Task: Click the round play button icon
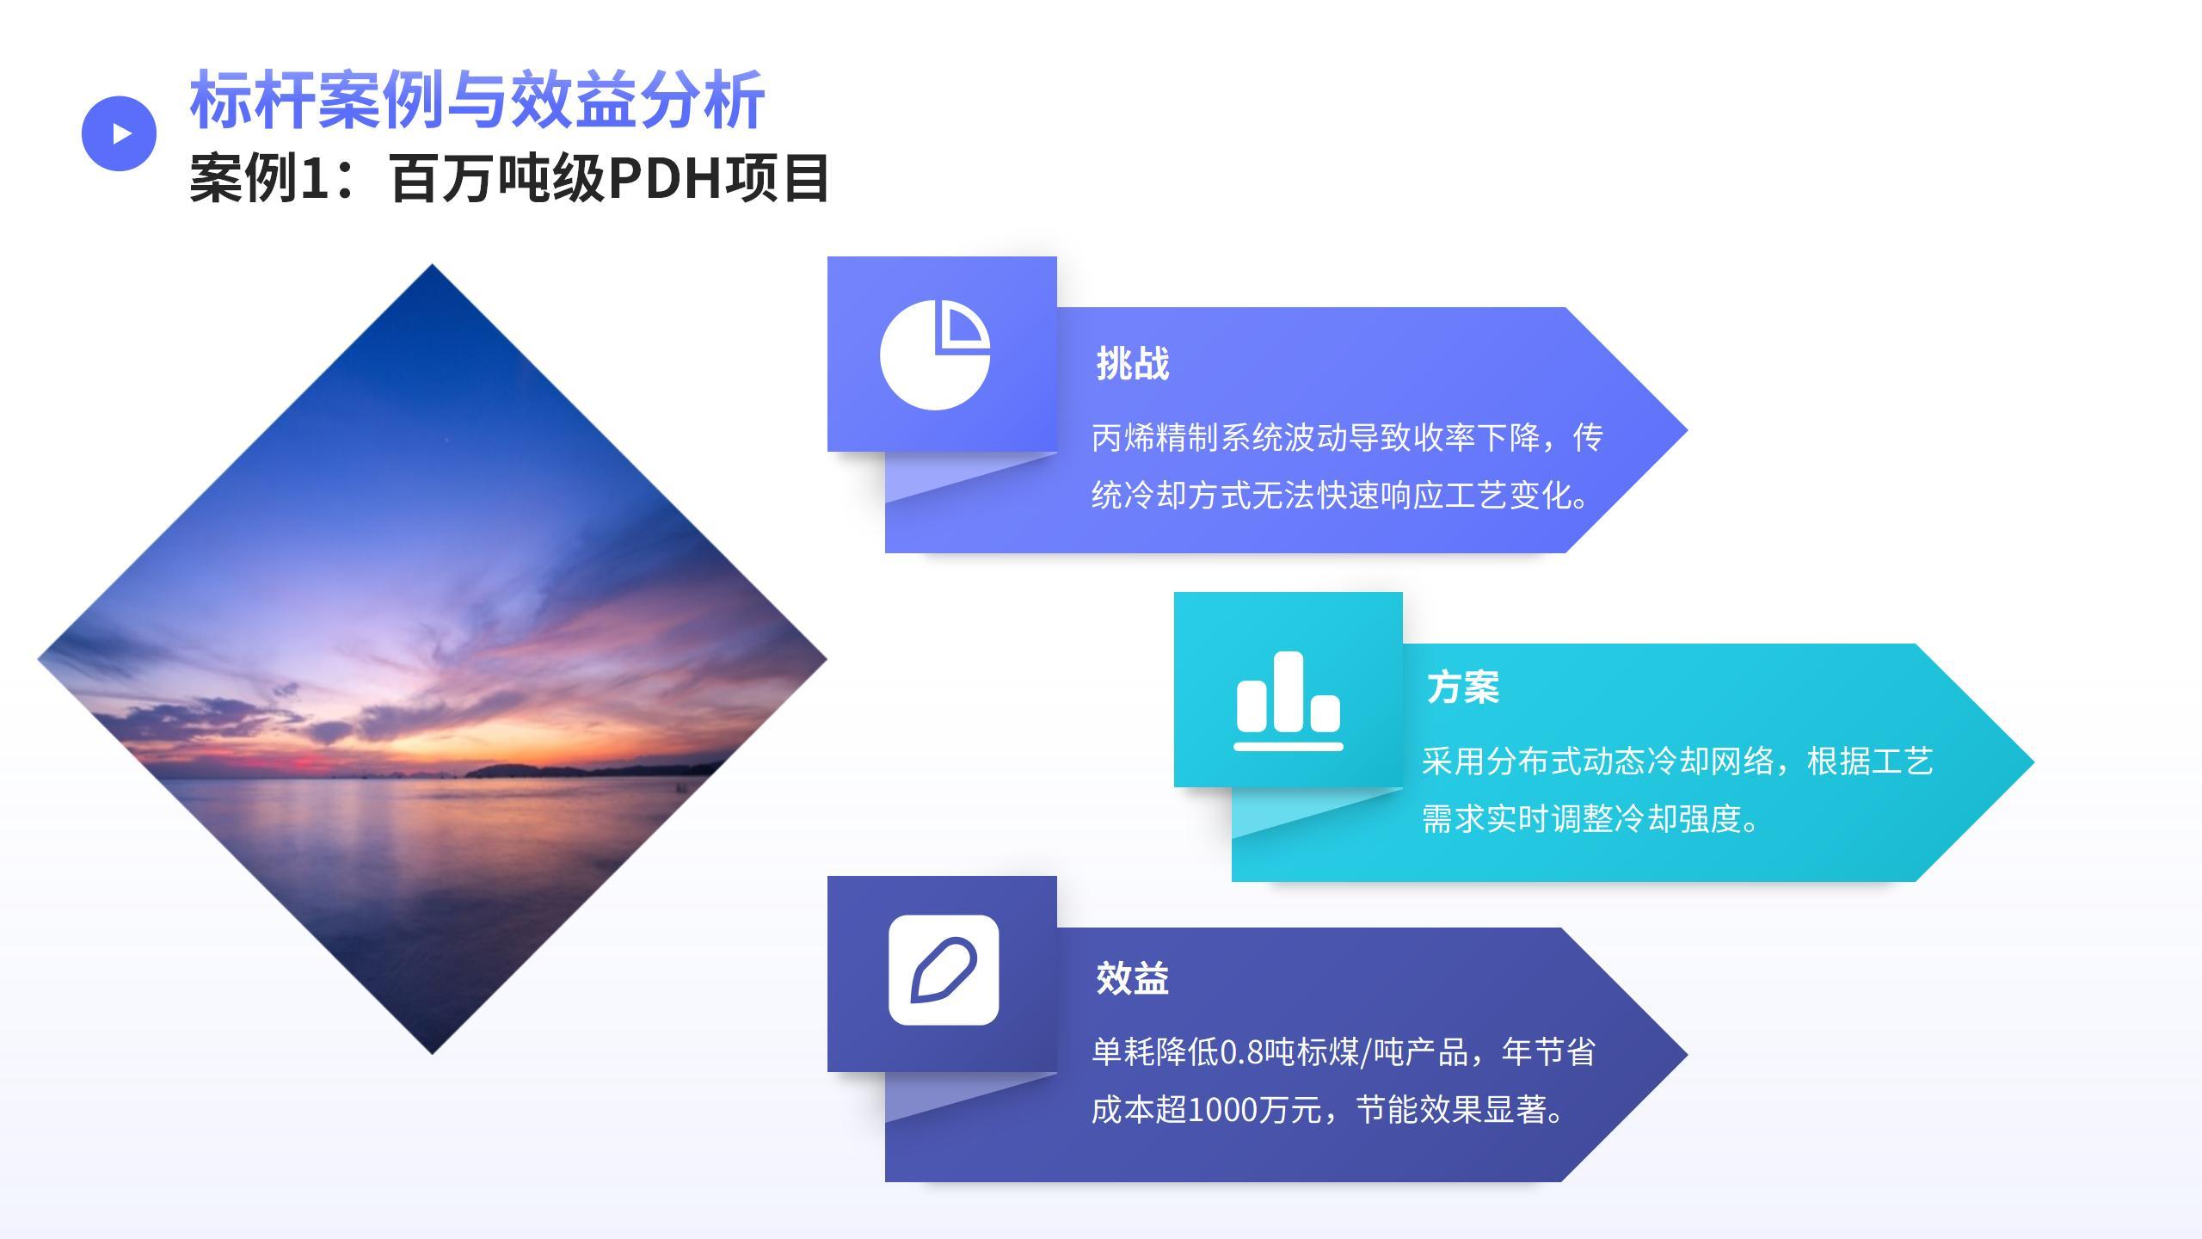click(119, 133)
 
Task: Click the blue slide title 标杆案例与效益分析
click(477, 100)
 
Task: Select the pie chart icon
click(935, 354)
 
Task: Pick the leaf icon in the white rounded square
click(944, 970)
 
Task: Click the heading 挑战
click(1133, 364)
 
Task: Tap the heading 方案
click(1463, 687)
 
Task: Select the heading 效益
click(1133, 978)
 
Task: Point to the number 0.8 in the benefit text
click(1242, 1052)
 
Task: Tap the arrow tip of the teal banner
click(2033, 761)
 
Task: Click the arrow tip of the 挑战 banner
click(1687, 429)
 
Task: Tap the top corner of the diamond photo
click(432, 264)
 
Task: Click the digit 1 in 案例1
click(316, 178)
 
